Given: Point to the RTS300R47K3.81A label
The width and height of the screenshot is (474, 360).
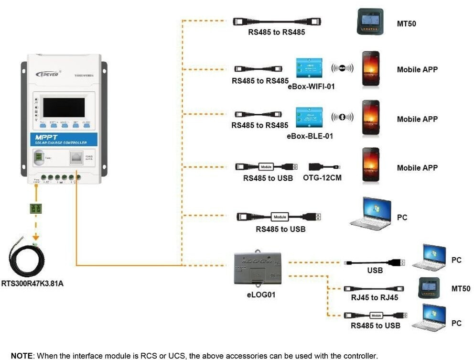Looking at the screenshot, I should (x=32, y=284).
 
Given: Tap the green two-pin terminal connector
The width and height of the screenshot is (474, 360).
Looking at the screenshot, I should (x=36, y=209).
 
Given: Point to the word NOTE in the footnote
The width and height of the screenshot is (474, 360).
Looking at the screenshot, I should (x=22, y=356).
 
